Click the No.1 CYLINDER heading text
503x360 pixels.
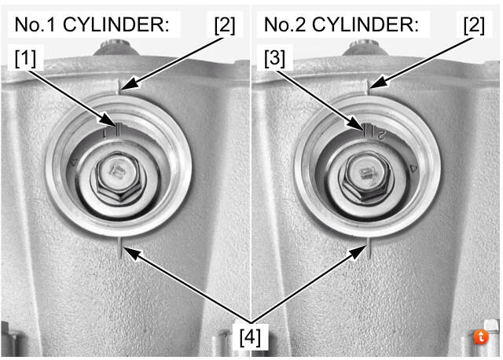(91, 25)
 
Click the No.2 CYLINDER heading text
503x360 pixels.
(341, 25)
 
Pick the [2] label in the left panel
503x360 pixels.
(224, 25)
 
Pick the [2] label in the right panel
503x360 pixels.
(474, 25)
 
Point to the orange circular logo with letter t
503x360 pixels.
(483, 336)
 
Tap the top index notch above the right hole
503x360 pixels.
(368, 85)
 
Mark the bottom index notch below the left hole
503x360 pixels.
(118, 251)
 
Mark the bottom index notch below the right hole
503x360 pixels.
(368, 251)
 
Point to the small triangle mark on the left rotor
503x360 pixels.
(75, 163)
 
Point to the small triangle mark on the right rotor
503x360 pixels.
(413, 167)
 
